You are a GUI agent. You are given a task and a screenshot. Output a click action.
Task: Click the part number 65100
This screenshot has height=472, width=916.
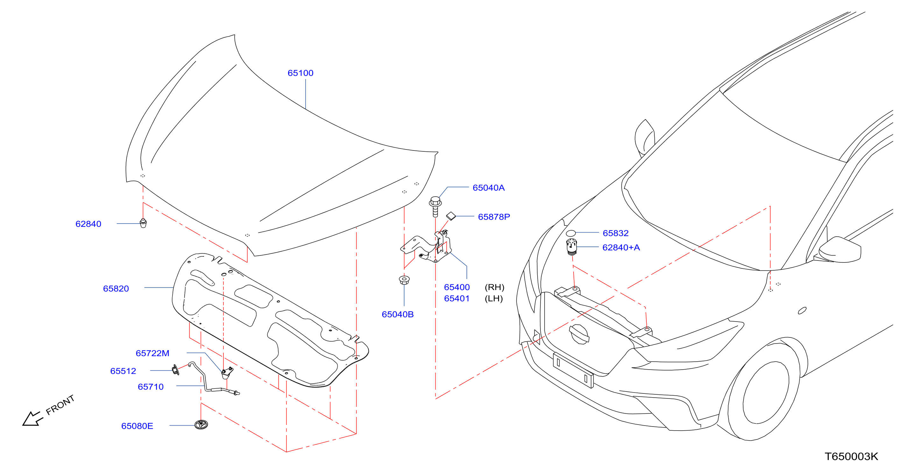[300, 73]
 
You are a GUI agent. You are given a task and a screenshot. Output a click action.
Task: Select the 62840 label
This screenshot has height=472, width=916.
[88, 224]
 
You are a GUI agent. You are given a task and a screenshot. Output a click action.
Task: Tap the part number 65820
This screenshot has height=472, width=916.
[116, 288]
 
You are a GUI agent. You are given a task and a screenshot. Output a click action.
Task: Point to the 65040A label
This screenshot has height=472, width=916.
[489, 188]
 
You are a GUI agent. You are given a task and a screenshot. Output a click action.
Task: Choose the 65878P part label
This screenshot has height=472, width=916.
[494, 217]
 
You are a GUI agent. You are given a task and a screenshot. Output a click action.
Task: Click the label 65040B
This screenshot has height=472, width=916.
[398, 315]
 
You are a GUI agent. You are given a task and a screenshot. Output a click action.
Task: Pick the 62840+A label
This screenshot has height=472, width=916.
[621, 247]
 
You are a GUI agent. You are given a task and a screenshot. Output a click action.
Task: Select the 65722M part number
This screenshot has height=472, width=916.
[152, 353]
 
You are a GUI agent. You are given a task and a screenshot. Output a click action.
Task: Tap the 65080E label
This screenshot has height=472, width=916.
[137, 426]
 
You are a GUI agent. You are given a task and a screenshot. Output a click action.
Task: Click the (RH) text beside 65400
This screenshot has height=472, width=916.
[495, 287]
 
